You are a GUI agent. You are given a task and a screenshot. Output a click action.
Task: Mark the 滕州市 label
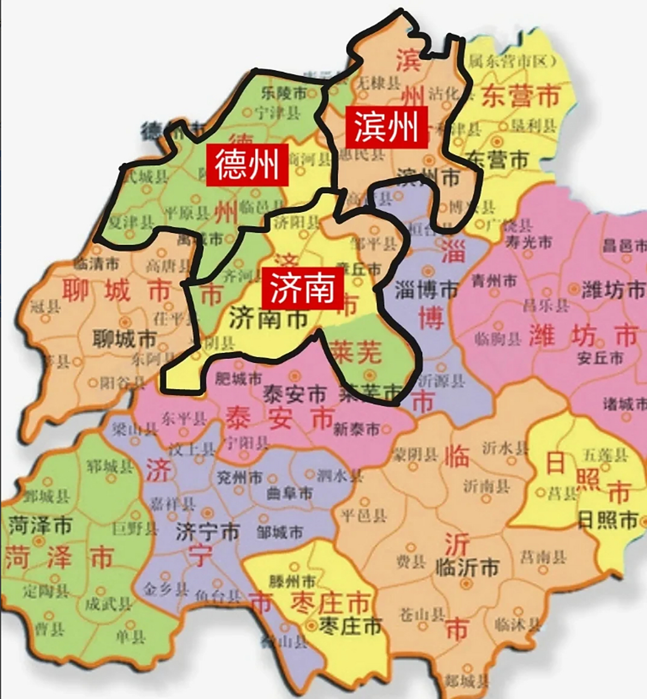(x=292, y=580)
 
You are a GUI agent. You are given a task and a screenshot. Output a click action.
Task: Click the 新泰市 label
(x=356, y=429)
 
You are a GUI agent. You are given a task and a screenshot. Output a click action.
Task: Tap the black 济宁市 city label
(x=208, y=531)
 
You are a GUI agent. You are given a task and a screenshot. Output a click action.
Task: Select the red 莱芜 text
(x=356, y=353)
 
